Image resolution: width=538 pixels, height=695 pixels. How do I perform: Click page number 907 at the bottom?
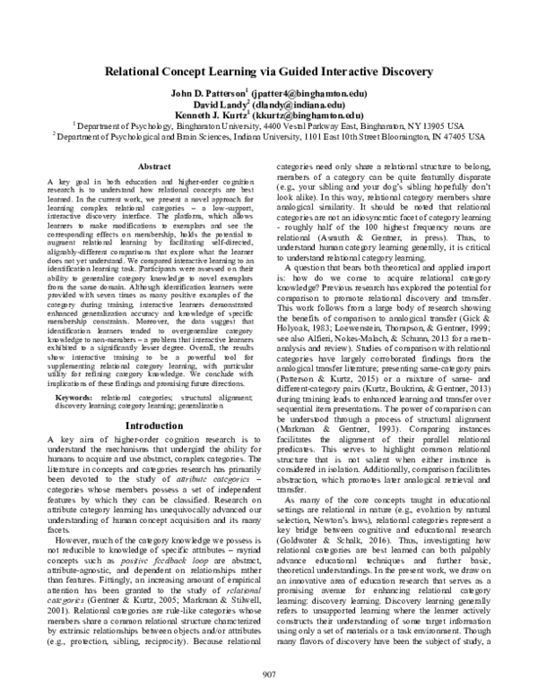click(x=269, y=674)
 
